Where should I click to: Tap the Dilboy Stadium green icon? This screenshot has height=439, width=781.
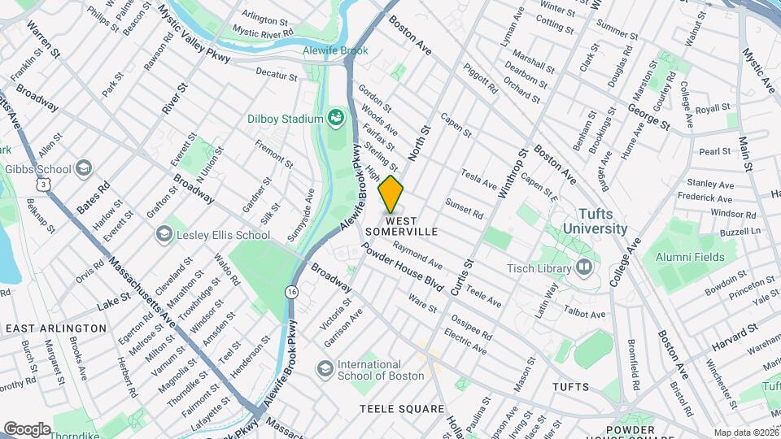point(335,120)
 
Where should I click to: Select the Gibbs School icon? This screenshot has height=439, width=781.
point(84,168)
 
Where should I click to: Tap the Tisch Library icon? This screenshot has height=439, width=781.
point(584,267)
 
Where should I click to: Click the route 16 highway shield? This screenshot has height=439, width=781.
point(290,291)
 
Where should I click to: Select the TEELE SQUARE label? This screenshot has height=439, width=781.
point(404,409)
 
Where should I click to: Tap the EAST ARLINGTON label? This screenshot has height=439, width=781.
point(56,328)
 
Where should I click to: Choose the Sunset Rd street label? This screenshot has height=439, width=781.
point(465,209)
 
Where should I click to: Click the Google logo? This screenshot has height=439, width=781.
point(27,428)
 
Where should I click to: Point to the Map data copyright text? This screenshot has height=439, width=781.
point(746,432)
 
